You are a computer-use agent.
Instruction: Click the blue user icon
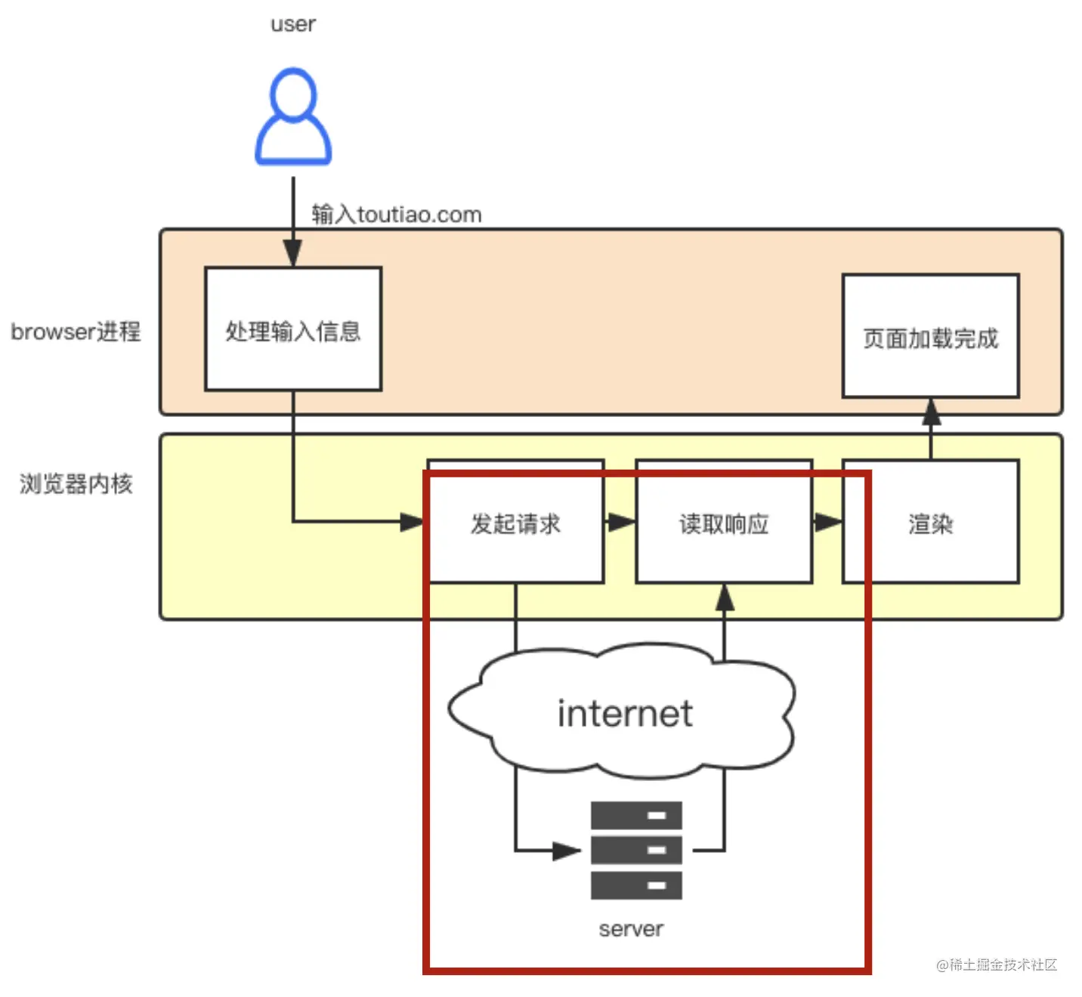pyautogui.click(x=293, y=117)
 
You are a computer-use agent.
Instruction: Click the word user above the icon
pyautogui.click(x=293, y=24)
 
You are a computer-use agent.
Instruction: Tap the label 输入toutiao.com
pyautogui.click(x=396, y=215)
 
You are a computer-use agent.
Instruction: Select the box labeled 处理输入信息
pyautogui.click(x=293, y=329)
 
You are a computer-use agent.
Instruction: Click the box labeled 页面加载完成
pyautogui.click(x=930, y=337)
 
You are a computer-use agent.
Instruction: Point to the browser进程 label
pyautogui.click(x=76, y=332)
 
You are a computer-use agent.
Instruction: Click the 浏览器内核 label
pyautogui.click(x=76, y=483)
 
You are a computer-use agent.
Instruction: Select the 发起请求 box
pyautogui.click(x=515, y=523)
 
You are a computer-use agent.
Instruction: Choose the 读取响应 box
pyautogui.click(x=724, y=523)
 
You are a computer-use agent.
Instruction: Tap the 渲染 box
pyautogui.click(x=930, y=523)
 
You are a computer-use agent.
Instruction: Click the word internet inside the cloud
pyautogui.click(x=625, y=714)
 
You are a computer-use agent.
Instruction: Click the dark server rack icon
pyautogui.click(x=636, y=850)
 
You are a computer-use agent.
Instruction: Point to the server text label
pyautogui.click(x=631, y=929)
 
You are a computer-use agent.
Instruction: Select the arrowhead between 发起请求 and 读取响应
pyautogui.click(x=621, y=522)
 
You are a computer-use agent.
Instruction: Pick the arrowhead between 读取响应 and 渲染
pyautogui.click(x=828, y=522)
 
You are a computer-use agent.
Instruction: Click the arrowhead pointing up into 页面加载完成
pyautogui.click(x=931, y=412)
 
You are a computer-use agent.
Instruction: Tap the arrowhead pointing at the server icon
pyautogui.click(x=566, y=851)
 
